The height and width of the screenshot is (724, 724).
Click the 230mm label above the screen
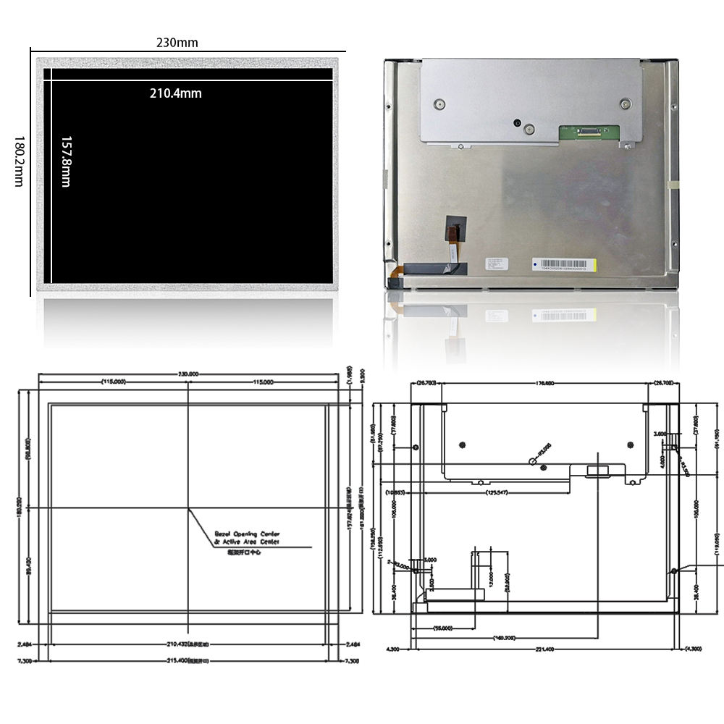(x=177, y=43)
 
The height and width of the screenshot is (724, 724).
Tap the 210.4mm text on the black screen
(x=175, y=93)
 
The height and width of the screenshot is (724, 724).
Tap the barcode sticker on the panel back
(x=564, y=264)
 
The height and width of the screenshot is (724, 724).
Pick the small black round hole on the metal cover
(x=517, y=122)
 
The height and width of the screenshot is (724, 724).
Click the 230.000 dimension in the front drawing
(x=188, y=374)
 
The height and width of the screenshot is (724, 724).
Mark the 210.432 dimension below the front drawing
(x=188, y=643)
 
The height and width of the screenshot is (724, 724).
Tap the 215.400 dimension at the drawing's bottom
(x=188, y=660)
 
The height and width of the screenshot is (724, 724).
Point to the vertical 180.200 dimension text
(x=19, y=506)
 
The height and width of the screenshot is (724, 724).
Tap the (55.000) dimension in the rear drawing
(x=442, y=628)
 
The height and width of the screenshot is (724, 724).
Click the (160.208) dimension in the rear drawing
(x=504, y=638)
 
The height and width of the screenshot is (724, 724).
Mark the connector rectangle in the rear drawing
(x=598, y=471)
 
